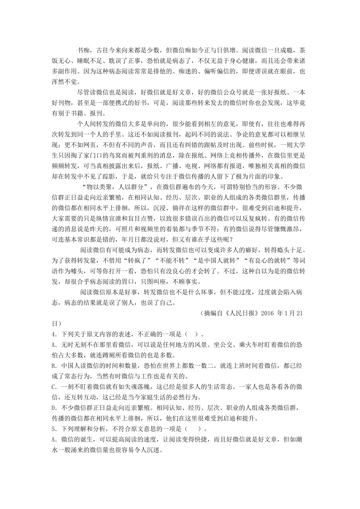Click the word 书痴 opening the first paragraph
tap(83, 50)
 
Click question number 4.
tap(54, 334)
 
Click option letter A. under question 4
tap(54, 345)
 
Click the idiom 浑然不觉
tap(66, 82)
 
